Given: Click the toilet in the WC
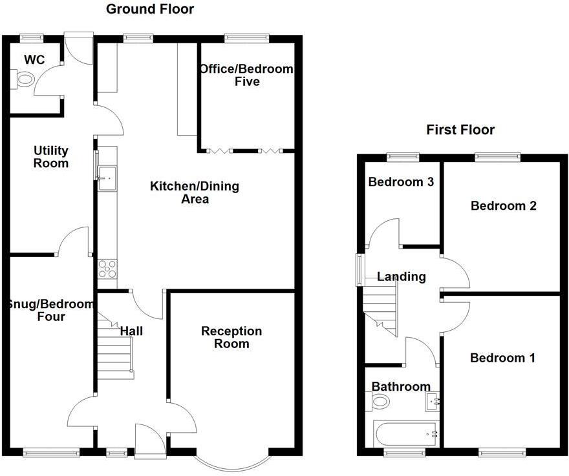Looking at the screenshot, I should [24, 79].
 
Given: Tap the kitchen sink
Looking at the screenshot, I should [107, 173].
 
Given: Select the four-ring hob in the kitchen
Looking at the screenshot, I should [107, 267].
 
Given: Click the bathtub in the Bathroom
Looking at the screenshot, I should [405, 433].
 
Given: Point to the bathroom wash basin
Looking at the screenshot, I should [433, 402].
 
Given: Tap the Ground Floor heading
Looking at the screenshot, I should [149, 9].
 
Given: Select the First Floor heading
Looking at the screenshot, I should [460, 130].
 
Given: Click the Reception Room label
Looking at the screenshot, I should [231, 337].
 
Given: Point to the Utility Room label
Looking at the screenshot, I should [51, 157].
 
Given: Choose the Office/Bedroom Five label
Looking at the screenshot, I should [246, 75].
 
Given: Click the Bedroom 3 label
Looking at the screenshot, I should [400, 182].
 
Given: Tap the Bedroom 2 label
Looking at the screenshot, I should [503, 206].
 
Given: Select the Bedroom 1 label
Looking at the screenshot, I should [502, 358].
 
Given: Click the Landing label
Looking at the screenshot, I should [402, 276].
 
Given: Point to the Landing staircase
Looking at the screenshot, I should [381, 310].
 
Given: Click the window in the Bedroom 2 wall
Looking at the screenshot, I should [497, 155].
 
